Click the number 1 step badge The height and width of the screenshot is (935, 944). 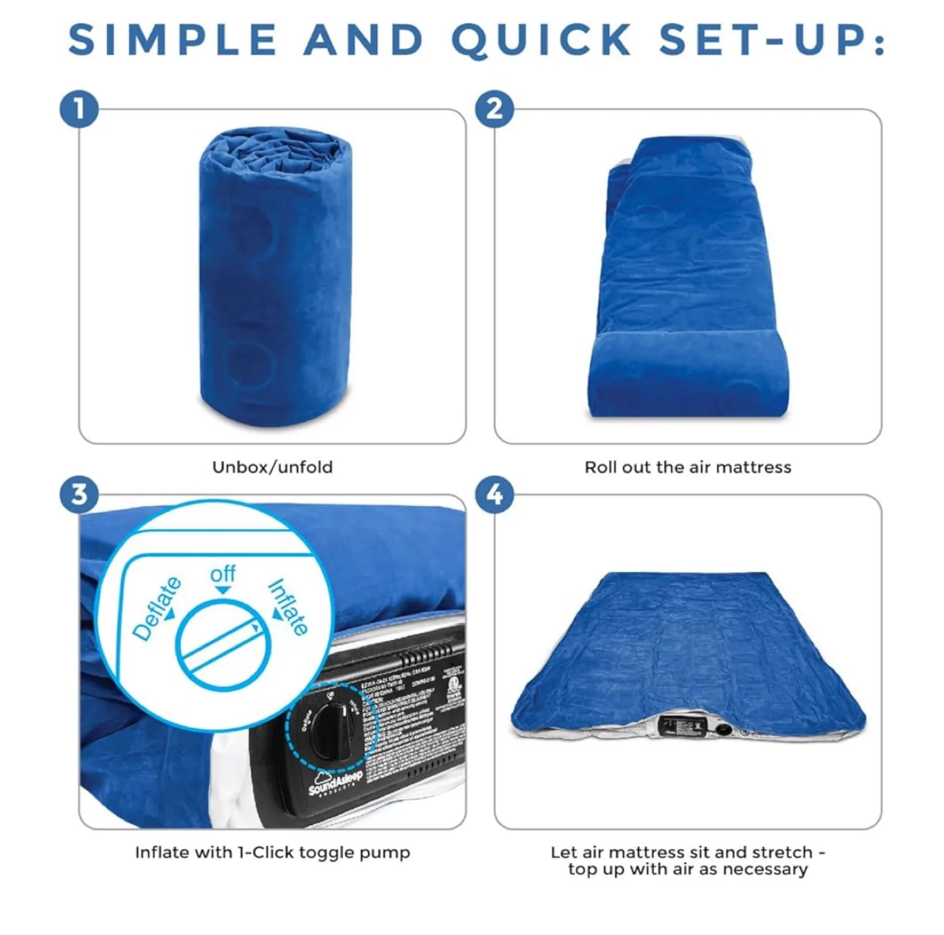pos(79,109)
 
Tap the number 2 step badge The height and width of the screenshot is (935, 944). pos(495,109)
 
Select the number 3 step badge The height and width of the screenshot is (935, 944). pos(79,494)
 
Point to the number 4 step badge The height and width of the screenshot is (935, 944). pos(495,494)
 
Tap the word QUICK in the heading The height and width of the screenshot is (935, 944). pos(541,40)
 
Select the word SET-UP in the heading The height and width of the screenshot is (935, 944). pos(771,40)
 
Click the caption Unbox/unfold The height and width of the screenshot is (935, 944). pos(272,467)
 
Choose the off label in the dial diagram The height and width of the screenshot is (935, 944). pos(223,574)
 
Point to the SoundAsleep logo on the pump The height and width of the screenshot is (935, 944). pos(335,782)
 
